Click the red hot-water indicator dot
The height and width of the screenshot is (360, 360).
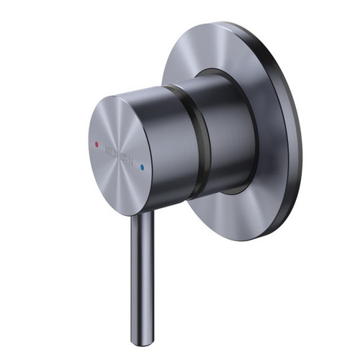coord(96,143)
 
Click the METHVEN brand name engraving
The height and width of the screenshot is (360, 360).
coord(120,155)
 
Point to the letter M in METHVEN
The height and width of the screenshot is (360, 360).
coord(107,149)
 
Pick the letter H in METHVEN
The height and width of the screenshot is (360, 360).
coord(120,155)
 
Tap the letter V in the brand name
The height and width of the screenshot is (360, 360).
coord(124,157)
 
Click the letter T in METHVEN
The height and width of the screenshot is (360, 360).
coord(115,153)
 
